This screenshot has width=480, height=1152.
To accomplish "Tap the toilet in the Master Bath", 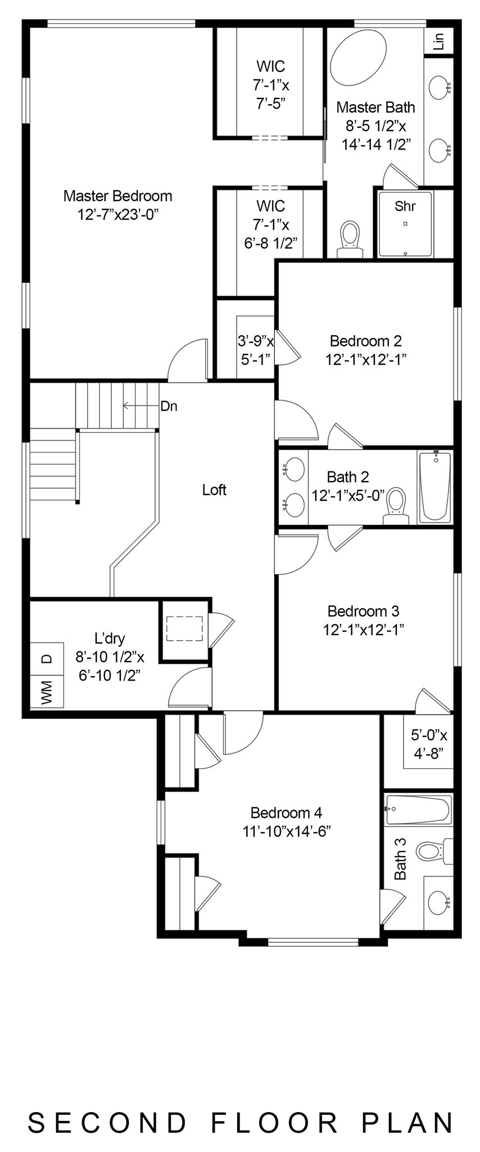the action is click(350, 239).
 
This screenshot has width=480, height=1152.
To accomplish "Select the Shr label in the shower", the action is click(405, 206).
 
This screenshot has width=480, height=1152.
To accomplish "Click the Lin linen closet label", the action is click(439, 40).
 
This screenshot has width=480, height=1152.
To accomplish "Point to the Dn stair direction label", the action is click(169, 406).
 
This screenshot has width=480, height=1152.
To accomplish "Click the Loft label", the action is click(214, 490).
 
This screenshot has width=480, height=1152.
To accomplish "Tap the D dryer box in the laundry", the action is click(47, 658).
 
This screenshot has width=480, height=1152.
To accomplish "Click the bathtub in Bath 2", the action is click(434, 486).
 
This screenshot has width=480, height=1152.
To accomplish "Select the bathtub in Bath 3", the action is click(418, 809).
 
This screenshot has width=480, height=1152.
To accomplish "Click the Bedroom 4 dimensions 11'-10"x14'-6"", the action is click(286, 831).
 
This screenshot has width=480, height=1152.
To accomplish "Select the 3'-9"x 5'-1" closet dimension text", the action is click(256, 350).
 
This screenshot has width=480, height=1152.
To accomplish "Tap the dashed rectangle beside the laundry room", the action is click(184, 628).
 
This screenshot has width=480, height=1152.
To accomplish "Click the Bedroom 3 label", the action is click(363, 611).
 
